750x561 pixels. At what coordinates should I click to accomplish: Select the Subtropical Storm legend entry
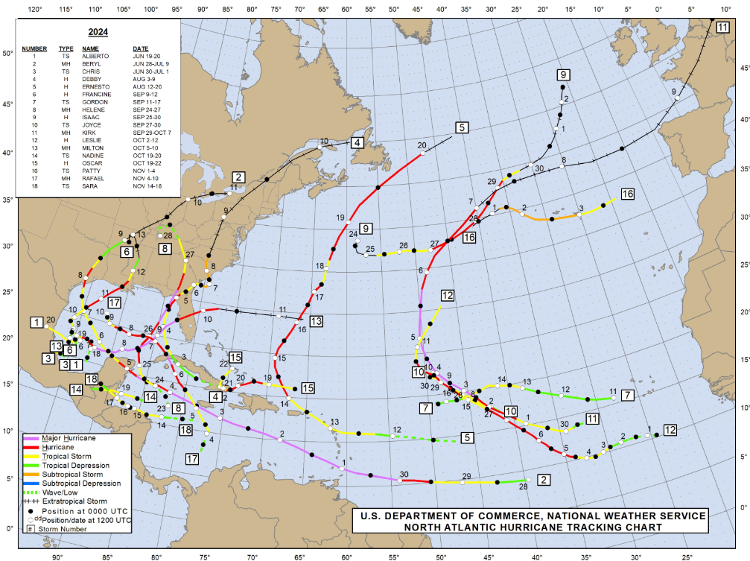[x=73, y=475]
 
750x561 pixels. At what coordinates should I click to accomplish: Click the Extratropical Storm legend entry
[x=74, y=501]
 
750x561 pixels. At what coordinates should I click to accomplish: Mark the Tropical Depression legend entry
[x=77, y=466]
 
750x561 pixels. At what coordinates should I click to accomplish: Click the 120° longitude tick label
[x=34, y=9]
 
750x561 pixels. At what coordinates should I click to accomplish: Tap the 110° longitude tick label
[x=95, y=9]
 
